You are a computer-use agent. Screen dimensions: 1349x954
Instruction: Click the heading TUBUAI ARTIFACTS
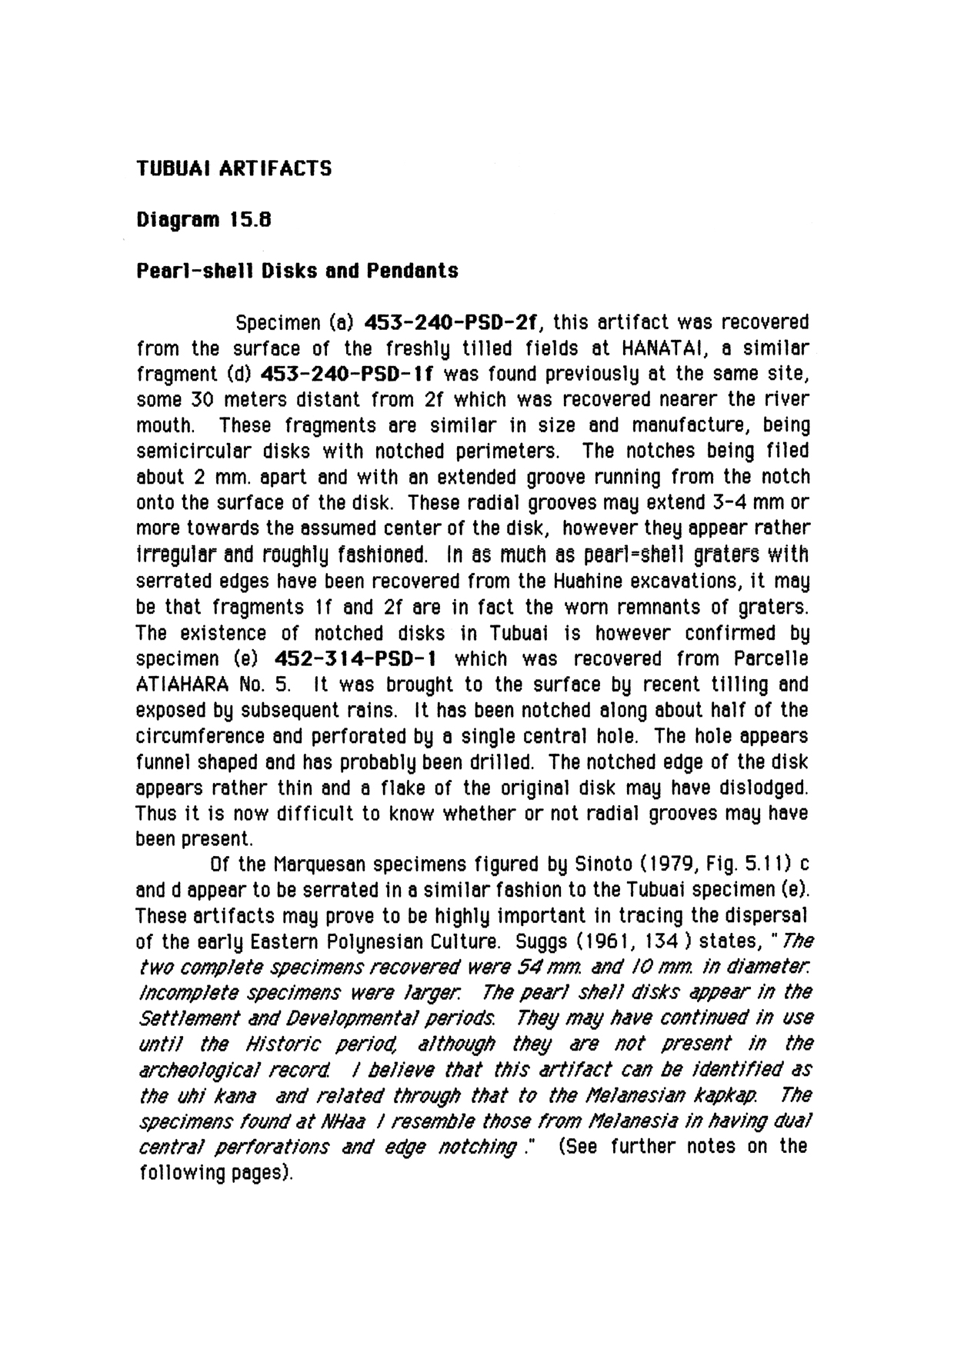coord(234,168)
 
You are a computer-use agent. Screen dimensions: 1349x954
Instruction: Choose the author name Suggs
coord(545,942)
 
